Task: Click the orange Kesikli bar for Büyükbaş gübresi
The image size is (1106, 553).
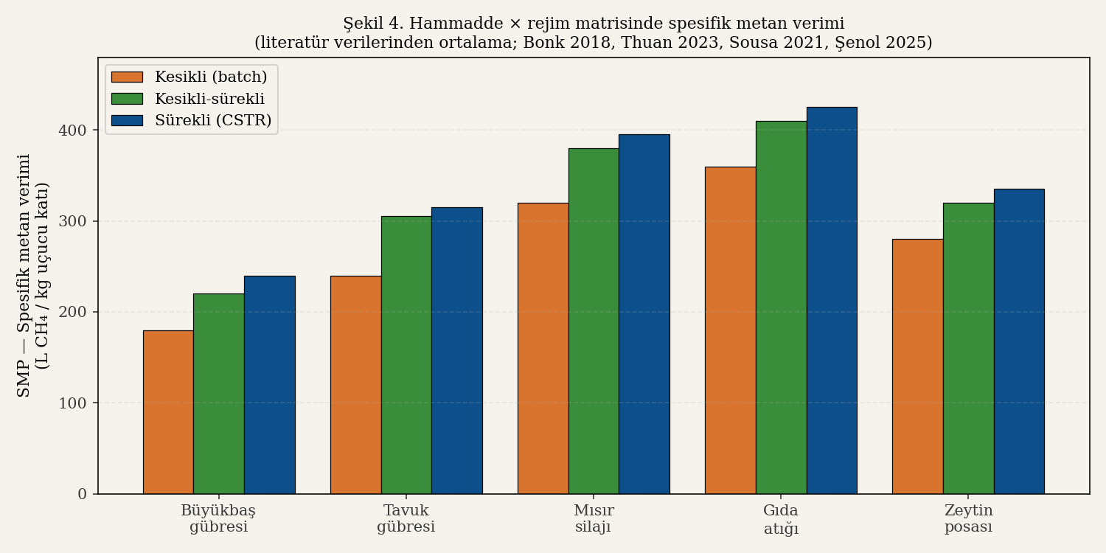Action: (168, 412)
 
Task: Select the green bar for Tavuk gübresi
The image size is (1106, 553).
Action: (406, 355)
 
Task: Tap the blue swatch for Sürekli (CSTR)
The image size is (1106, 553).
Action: (127, 120)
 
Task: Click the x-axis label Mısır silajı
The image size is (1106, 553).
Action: (594, 519)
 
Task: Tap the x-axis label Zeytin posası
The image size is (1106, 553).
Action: (968, 519)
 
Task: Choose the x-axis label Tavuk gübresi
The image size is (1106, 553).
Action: (406, 519)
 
